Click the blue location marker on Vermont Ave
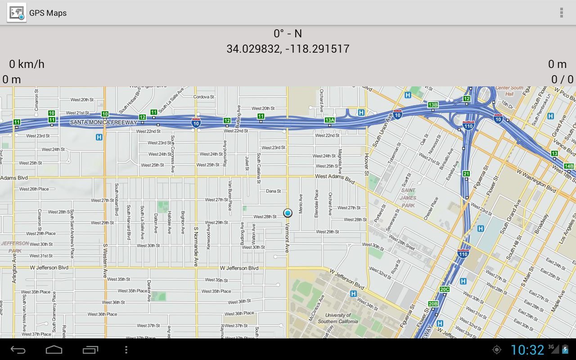tap(288, 213)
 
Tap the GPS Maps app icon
tap(16, 13)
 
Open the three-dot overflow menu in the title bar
tap(561, 13)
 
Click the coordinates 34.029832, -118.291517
tap(288, 49)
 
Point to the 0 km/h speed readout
tap(27, 64)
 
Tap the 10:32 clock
tap(527, 350)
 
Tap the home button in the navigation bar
tap(54, 350)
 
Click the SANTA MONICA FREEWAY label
tap(103, 122)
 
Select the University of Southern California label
tap(338, 318)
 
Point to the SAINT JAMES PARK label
tap(408, 198)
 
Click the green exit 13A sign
tap(330, 120)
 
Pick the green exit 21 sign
tap(466, 174)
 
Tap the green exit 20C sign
tap(445, 289)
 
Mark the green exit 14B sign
tap(569, 166)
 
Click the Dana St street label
tap(273, 191)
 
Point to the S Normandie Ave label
tap(196, 247)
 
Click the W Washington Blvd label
tap(537, 179)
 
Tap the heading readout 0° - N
tap(288, 33)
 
